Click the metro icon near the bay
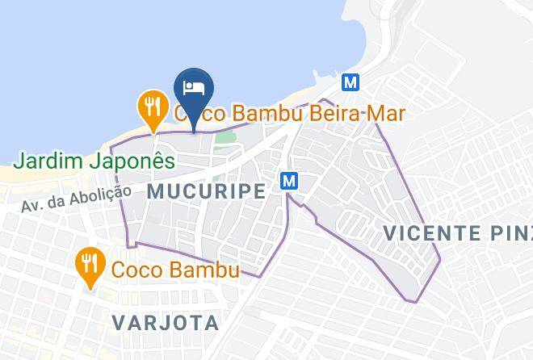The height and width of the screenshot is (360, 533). click(350, 82)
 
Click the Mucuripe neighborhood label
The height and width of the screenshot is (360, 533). click(207, 191)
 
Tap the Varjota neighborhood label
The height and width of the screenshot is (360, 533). click(166, 323)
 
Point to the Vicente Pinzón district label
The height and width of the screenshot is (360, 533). click(457, 233)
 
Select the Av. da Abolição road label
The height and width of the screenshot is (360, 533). click(77, 199)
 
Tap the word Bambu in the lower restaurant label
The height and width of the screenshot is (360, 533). click(205, 270)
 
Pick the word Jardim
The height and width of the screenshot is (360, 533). click(49, 161)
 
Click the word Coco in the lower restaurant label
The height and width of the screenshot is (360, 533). click(135, 270)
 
